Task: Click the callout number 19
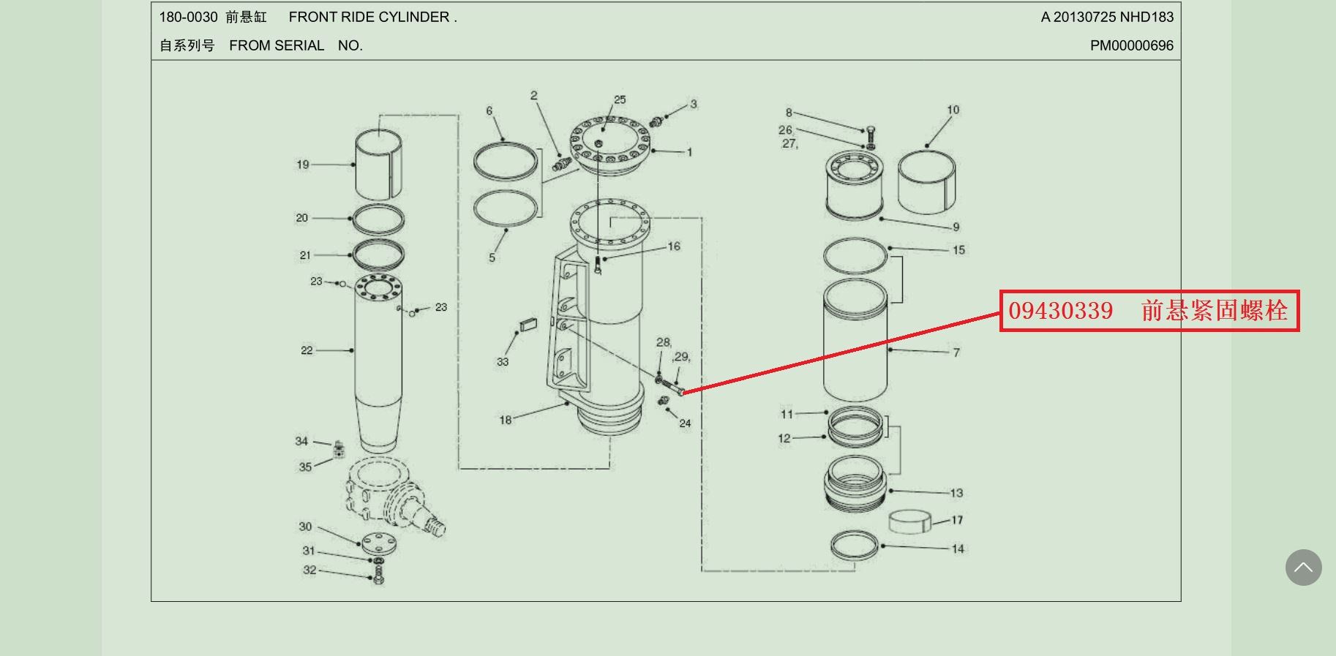[302, 165]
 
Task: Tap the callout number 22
[307, 350]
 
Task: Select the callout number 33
[502, 361]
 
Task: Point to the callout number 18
[505, 420]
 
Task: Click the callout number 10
[953, 110]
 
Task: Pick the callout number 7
[956, 352]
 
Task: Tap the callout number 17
[957, 520]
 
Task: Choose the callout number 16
[674, 246]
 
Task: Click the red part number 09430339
[1060, 311]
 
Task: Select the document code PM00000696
[1131, 45]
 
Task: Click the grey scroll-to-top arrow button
[1303, 568]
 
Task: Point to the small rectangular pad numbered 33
[528, 323]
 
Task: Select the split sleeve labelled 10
[926, 181]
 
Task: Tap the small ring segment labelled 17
[909, 521]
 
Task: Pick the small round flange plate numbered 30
[379, 543]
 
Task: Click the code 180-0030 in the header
[188, 17]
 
